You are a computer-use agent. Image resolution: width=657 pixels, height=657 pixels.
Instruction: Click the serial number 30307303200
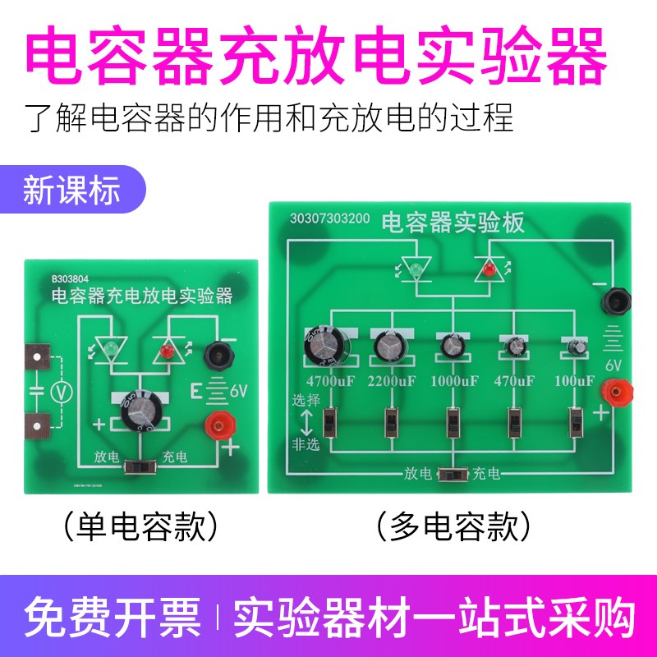[329, 220]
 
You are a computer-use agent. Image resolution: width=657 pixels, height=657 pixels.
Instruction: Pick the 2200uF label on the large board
[392, 381]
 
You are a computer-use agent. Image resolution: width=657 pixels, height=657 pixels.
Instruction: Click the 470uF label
[514, 381]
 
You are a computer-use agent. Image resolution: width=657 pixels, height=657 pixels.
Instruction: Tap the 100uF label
[573, 381]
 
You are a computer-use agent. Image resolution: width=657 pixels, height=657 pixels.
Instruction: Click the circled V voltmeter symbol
[59, 393]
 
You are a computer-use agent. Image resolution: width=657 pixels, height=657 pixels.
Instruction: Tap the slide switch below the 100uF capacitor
[576, 422]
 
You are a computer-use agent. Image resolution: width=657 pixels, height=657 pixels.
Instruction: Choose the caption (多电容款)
[450, 522]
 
